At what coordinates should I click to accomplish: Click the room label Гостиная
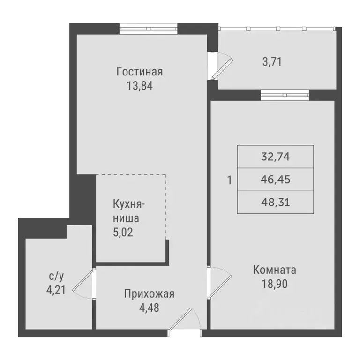pos(140,72)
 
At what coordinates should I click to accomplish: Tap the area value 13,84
pos(140,86)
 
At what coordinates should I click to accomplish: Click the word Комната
pos(274,270)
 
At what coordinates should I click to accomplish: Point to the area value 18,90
pos(274,284)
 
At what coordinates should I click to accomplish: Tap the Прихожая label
pos(149,294)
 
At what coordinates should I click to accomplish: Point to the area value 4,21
pos(56,290)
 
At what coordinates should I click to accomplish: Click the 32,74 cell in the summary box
pos(276,157)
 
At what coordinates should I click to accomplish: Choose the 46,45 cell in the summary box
pos(276,180)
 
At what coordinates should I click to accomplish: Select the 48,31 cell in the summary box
pos(276,202)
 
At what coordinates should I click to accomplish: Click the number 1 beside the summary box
pos(229,180)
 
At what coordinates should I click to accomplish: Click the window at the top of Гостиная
pos(148,28)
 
